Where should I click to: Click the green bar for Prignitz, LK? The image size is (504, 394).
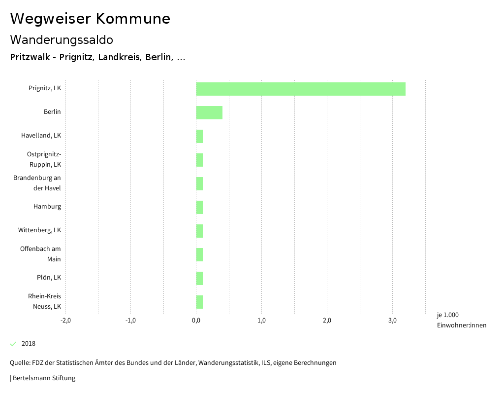[301, 89]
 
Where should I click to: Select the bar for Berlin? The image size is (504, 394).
[209, 112]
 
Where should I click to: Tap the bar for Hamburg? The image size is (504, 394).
[199, 207]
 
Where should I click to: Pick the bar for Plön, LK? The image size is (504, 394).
[199, 278]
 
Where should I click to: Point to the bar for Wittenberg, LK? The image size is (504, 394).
[199, 231]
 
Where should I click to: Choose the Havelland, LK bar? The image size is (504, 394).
[199, 136]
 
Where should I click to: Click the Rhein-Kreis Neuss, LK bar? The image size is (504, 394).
[199, 302]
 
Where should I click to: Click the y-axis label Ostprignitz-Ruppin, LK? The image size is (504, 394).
[44, 159]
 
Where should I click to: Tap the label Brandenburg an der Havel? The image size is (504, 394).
[37, 183]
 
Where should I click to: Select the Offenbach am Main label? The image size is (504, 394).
[40, 254]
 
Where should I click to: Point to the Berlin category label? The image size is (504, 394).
[52, 112]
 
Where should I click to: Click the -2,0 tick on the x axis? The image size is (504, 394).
[65, 321]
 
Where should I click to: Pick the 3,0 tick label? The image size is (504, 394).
[392, 321]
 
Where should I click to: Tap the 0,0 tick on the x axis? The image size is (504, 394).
[196, 321]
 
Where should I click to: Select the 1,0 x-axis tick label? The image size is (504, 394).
[261, 321]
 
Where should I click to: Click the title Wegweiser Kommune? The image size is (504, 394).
[90, 19]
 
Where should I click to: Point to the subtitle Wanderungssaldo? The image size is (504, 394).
[62, 39]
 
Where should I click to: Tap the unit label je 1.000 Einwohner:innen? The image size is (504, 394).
[461, 320]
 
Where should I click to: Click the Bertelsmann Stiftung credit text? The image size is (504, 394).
[43, 378]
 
